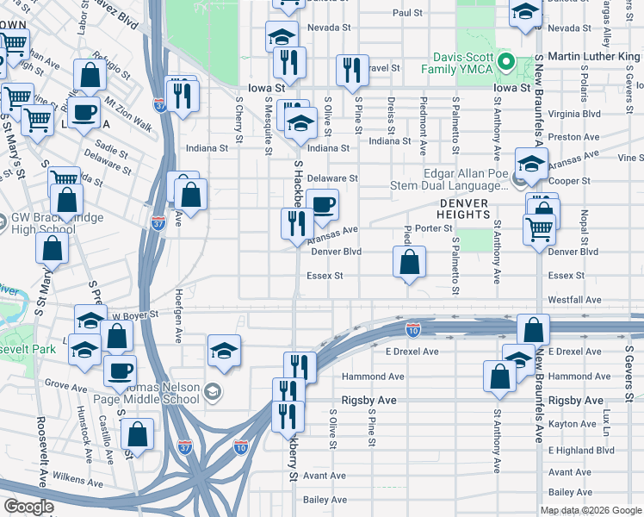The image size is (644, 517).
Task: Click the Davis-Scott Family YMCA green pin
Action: tap(508, 64)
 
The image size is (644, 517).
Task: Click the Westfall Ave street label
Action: tap(574, 300)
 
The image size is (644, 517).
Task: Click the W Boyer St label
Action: tap(135, 315)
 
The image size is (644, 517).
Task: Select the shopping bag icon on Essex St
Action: tap(410, 261)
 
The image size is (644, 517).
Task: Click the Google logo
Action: tap(28, 507)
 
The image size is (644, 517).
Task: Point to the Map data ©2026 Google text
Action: tap(591, 509)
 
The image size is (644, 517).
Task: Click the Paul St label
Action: tap(407, 13)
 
